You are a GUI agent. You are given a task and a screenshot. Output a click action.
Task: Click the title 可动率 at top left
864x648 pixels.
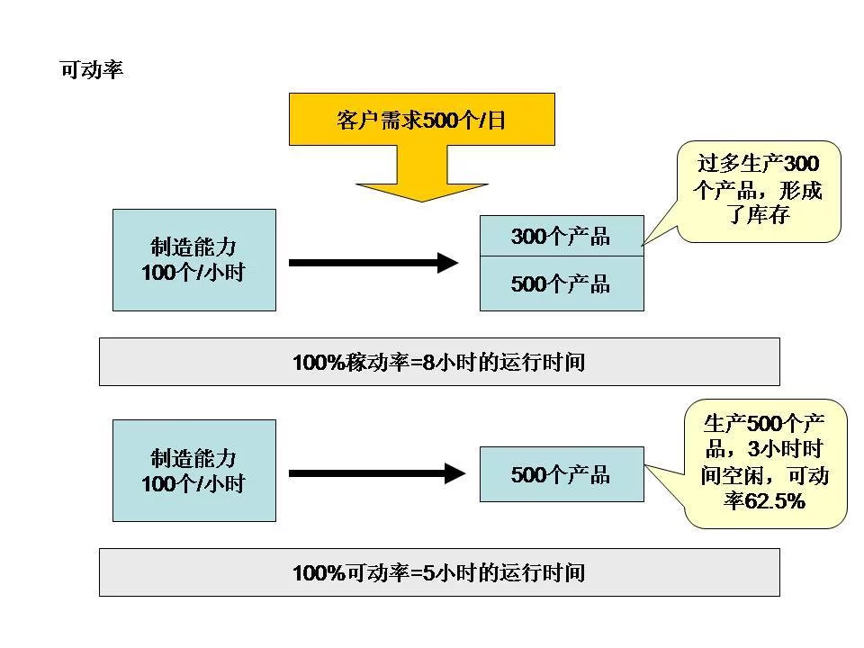(x=91, y=70)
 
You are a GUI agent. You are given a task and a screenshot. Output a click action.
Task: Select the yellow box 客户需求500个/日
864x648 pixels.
(x=421, y=119)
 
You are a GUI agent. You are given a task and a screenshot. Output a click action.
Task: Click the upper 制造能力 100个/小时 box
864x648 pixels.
(x=193, y=260)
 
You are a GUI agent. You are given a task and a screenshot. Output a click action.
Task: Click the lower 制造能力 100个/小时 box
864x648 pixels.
(x=193, y=470)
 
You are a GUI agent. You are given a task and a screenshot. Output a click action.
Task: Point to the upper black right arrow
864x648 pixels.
(x=373, y=263)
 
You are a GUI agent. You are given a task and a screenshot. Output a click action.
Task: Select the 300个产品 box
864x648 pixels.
(x=561, y=237)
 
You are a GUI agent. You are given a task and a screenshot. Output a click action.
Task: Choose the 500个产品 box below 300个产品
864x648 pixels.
(x=561, y=284)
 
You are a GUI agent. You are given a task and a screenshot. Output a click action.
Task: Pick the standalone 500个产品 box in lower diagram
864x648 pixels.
(x=561, y=474)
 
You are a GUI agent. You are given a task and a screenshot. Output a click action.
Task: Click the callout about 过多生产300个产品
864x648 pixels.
(x=759, y=191)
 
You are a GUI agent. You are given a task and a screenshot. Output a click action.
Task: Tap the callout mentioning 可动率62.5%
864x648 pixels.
(x=764, y=463)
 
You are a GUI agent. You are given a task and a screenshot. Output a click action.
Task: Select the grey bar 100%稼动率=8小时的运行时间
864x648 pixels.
(x=438, y=362)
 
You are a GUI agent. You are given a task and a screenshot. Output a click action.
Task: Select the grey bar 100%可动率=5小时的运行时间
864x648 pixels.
(x=438, y=572)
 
